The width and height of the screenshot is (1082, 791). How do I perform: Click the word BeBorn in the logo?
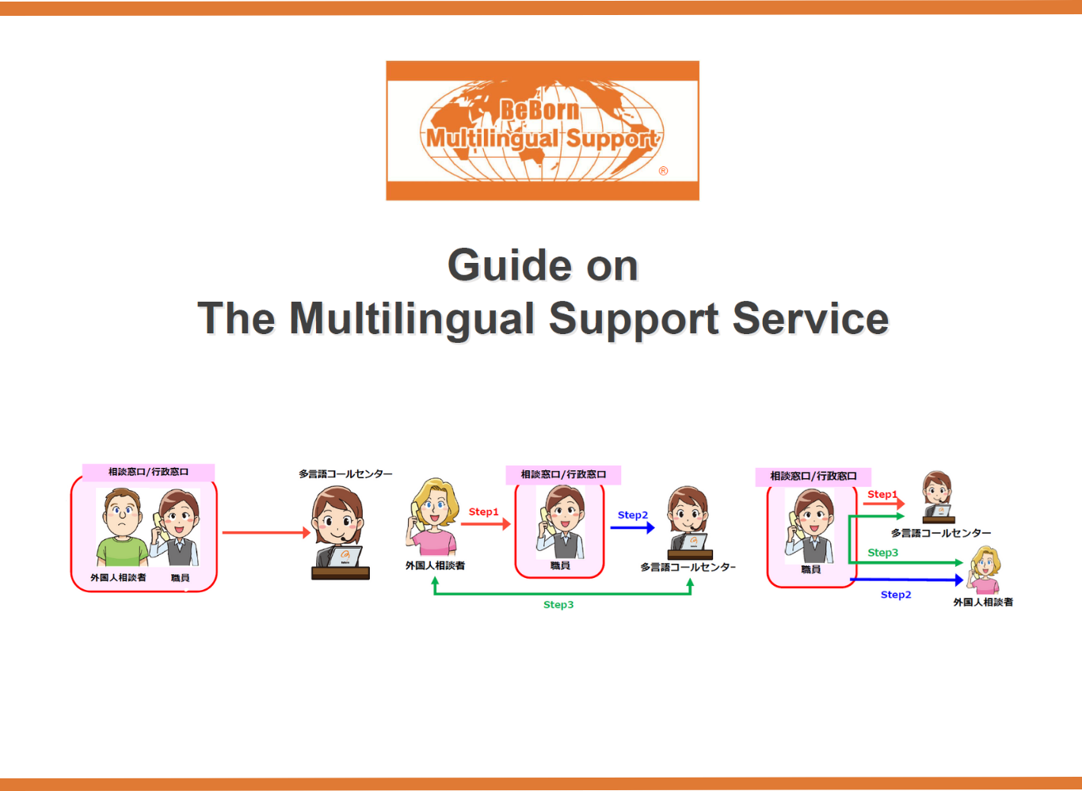click(539, 110)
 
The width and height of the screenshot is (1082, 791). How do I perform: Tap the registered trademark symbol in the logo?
click(663, 171)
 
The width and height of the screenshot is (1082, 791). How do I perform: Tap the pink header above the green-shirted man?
click(148, 472)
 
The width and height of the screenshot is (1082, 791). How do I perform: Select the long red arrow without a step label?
click(265, 533)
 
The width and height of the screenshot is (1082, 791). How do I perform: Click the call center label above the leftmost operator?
click(345, 473)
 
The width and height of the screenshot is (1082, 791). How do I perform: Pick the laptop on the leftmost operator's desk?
click(345, 557)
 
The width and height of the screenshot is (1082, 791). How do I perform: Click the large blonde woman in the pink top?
click(432, 518)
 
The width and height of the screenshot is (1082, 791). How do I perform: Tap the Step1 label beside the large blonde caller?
click(483, 511)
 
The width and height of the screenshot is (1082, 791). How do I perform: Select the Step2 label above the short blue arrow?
click(633, 515)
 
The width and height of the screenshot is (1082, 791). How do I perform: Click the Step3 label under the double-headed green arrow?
click(558, 605)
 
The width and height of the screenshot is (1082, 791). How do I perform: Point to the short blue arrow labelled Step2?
click(632, 527)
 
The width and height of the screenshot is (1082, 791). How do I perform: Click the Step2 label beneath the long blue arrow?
click(896, 595)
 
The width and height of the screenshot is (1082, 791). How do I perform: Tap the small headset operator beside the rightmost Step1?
click(937, 497)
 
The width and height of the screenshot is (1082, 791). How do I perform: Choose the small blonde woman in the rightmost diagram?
click(985, 569)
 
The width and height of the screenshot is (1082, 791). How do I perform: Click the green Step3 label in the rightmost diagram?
click(882, 553)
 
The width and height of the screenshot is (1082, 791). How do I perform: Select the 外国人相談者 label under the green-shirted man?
click(118, 578)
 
